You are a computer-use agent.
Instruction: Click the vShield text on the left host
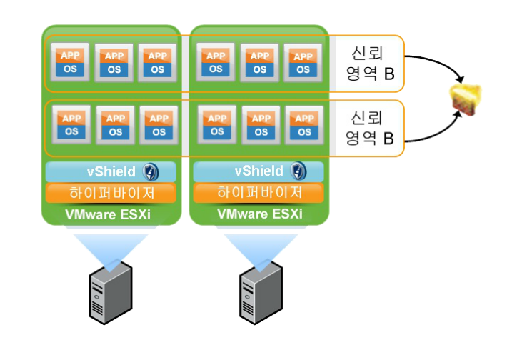pos(111,171)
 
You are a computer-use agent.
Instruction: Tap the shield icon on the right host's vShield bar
pos(298,171)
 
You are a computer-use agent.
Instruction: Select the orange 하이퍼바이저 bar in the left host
pos(111,193)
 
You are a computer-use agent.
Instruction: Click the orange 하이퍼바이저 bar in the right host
pos(259,193)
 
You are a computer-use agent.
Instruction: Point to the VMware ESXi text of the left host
pos(111,214)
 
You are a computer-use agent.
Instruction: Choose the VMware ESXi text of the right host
pos(259,214)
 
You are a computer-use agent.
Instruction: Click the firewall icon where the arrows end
pos(465,99)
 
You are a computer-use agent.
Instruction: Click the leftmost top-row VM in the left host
pos(71,63)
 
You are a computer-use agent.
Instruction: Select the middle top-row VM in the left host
pos(114,63)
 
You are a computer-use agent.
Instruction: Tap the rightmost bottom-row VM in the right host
pos(303,125)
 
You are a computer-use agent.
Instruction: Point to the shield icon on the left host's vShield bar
pos(149,171)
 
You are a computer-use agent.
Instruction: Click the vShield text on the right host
pos(259,171)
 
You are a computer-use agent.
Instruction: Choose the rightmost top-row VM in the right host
pos(303,63)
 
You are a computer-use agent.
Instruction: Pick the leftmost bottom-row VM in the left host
pos(71,125)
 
